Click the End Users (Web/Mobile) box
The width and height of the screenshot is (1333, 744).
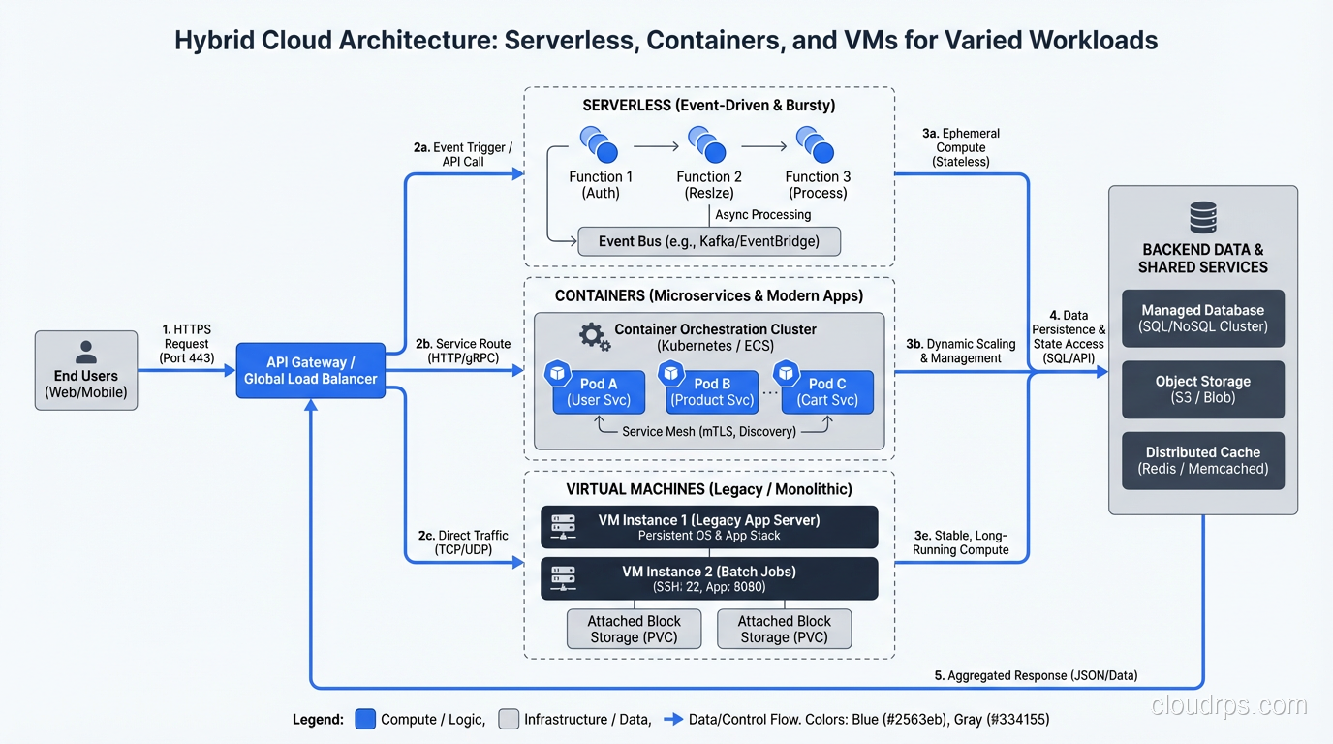coord(86,370)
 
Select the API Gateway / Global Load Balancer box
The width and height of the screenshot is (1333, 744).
coord(310,370)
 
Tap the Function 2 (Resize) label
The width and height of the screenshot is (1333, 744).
coord(709,184)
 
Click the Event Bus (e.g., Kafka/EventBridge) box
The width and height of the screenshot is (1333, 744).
coord(708,241)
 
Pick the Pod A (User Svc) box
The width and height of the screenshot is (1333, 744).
coord(599,391)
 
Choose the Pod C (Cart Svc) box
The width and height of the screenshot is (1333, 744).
coord(826,391)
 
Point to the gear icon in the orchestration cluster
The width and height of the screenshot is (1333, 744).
coord(594,336)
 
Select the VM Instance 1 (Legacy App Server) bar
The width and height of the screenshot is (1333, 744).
coord(709,527)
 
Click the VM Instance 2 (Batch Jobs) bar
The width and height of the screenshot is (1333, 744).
coord(709,578)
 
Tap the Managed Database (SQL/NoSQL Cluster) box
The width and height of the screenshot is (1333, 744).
coord(1202,318)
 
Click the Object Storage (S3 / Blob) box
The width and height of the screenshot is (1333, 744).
coord(1202,389)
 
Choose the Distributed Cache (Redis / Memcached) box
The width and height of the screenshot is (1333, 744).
coord(1202,460)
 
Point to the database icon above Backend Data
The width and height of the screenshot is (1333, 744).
coord(1202,217)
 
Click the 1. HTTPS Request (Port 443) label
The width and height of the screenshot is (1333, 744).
coord(186,343)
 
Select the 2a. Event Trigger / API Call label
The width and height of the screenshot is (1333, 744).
coord(462,154)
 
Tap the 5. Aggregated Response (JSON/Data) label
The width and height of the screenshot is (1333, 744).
coord(1036,675)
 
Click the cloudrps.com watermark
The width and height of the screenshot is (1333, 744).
coord(1228,706)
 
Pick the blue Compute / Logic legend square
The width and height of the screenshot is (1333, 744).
coord(365,719)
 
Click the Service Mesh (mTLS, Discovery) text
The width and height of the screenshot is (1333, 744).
coord(709,432)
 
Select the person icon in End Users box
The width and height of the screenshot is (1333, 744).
coord(86,351)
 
